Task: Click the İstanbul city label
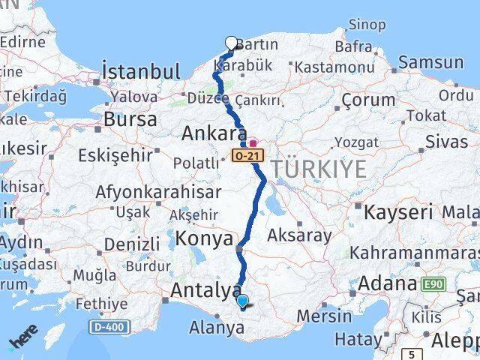click(141, 72)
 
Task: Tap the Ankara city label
click(214, 134)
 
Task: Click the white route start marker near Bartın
click(231, 43)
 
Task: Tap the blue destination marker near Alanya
click(243, 302)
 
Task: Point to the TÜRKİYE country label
click(320, 169)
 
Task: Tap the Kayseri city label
click(398, 212)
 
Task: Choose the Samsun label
click(430, 62)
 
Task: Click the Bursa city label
click(130, 118)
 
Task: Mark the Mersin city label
click(323, 316)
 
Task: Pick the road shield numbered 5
click(411, 354)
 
